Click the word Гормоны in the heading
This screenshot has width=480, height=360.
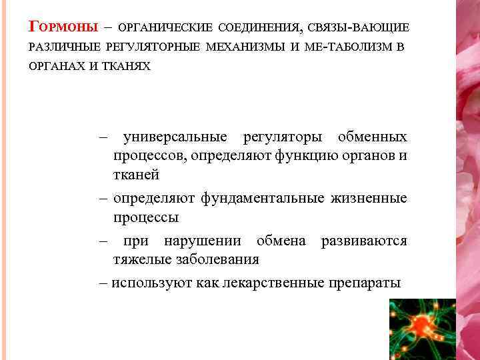[x=62, y=27]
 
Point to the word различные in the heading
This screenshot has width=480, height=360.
[x=64, y=47]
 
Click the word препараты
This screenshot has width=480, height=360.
[x=365, y=283]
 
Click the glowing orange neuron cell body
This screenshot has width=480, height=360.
[x=423, y=326]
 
